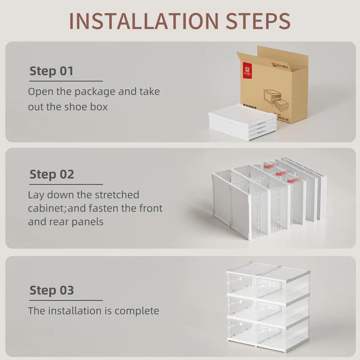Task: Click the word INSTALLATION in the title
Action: (143, 21)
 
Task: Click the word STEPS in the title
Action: (256, 21)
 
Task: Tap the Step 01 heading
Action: (51, 71)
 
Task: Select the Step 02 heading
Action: (52, 174)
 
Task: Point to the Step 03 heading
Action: (52, 290)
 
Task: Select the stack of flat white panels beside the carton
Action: (242, 122)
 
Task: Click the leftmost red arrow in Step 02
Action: (271, 166)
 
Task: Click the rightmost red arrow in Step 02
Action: (294, 180)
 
